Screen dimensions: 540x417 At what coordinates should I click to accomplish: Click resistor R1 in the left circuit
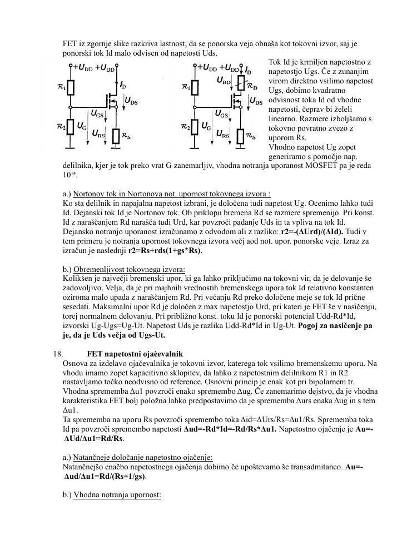(71, 88)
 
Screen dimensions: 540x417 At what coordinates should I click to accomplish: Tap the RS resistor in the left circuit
(116, 136)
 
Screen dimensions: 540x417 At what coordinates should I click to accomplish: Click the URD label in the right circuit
(224, 81)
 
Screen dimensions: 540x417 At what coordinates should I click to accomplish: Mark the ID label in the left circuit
(122, 86)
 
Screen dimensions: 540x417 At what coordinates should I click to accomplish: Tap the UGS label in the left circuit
(96, 114)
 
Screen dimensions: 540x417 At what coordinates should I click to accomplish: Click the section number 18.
(58, 354)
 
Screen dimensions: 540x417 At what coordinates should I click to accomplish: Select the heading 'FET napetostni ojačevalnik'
(135, 354)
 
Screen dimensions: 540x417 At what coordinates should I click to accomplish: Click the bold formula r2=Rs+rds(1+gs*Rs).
(165, 251)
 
